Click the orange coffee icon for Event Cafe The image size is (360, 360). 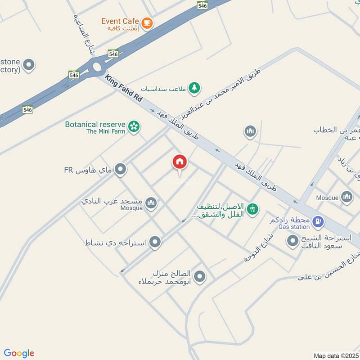tap(147, 22)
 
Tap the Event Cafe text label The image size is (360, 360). tap(120, 21)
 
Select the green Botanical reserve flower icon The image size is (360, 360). tap(134, 126)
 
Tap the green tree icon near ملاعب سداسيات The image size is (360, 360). tap(194, 88)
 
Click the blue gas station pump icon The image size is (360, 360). tap(318, 221)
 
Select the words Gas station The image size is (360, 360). tap(294, 227)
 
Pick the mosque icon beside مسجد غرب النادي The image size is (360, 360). tap(152, 203)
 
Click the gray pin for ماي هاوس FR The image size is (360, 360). tap(120, 170)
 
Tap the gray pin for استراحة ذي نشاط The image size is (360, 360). tap(155, 243)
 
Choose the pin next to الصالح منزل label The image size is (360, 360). tap(200, 276)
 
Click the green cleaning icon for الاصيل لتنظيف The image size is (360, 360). tap(253, 209)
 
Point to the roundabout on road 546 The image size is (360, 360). tap(96, 68)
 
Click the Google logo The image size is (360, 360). tap(19, 353)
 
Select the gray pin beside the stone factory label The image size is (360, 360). tap(29, 65)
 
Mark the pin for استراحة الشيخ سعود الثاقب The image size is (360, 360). tap(293, 242)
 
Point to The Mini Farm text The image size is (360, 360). tap(105, 132)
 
